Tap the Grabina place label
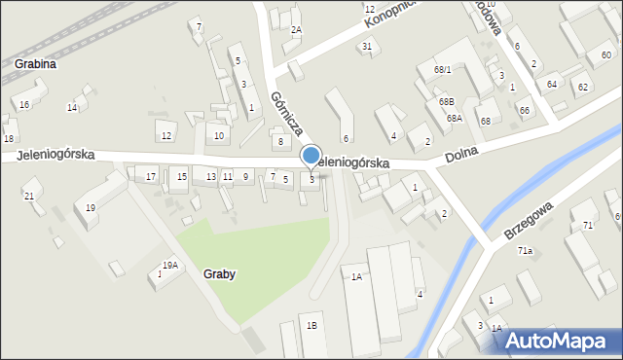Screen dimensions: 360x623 click(35, 64)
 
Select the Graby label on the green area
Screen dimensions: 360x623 click(220, 274)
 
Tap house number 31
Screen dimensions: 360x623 click(367, 47)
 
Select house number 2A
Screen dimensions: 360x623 click(296, 30)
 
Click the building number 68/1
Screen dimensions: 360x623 click(443, 70)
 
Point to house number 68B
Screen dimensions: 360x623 click(447, 101)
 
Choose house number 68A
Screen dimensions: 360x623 click(455, 119)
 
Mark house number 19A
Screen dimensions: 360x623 click(170, 265)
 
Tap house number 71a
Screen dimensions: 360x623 click(526, 251)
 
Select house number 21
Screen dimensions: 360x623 click(29, 197)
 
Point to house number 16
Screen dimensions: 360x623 click(24, 104)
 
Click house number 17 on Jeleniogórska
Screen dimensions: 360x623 click(151, 176)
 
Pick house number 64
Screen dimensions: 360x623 click(552, 85)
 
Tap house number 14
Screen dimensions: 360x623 click(72, 107)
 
